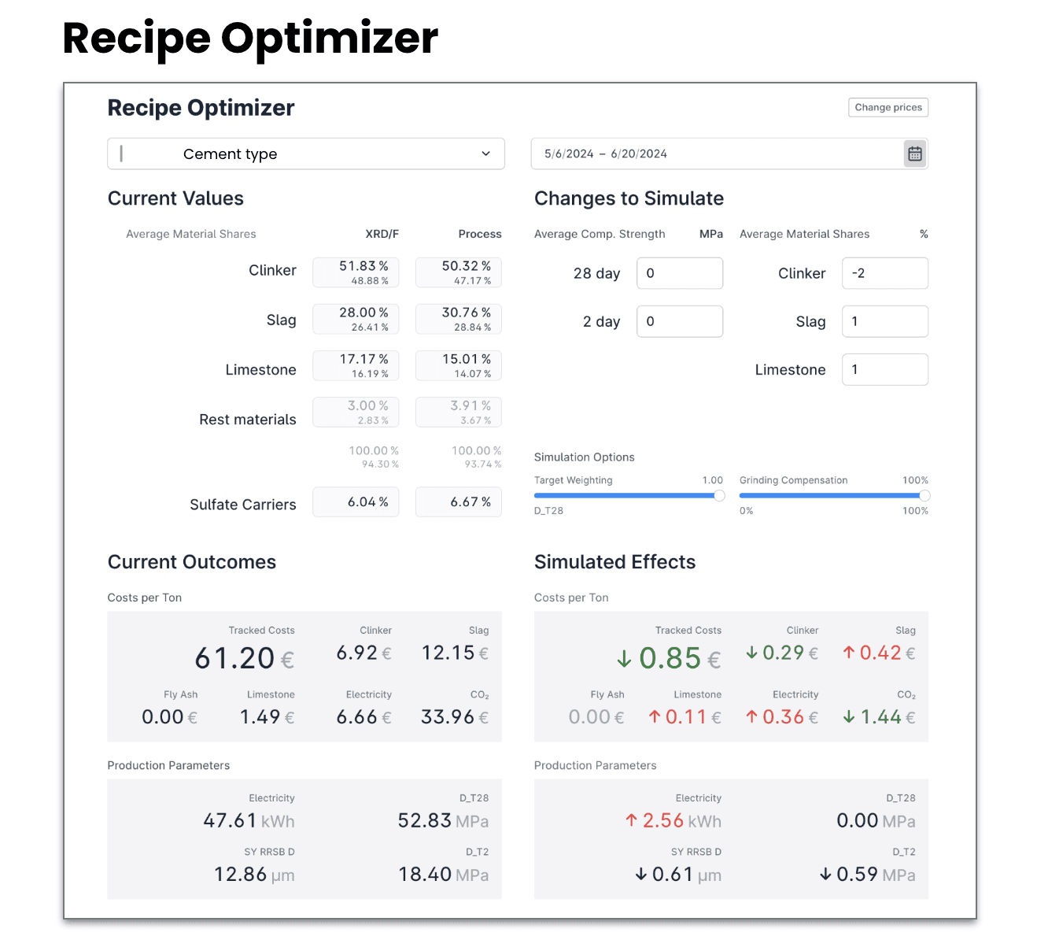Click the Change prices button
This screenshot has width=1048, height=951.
point(887,107)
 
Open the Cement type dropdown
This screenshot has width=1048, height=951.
point(305,154)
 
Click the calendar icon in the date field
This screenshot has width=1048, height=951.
point(914,154)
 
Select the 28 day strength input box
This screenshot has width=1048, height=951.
point(680,273)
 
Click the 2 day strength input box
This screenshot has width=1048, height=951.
point(680,321)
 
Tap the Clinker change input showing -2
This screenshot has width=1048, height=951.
point(885,273)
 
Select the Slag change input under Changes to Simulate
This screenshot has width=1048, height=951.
point(885,321)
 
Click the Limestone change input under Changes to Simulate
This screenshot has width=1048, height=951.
point(885,370)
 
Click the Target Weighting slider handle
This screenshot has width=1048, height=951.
point(719,496)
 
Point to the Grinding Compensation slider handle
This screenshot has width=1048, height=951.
point(924,496)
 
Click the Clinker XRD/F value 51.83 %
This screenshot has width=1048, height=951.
point(363,266)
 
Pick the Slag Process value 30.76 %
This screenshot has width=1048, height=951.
point(466,313)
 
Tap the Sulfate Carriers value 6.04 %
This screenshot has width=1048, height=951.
point(367,502)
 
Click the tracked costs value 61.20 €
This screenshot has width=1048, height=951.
point(245,657)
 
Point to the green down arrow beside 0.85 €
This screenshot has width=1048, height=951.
point(624,658)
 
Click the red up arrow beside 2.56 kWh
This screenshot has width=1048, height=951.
point(631,820)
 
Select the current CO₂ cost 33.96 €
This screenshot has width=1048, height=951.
point(455,716)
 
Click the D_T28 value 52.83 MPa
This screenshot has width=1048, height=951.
point(443,820)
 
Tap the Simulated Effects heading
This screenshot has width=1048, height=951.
point(614,562)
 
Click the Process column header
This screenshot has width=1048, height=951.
point(480,235)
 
